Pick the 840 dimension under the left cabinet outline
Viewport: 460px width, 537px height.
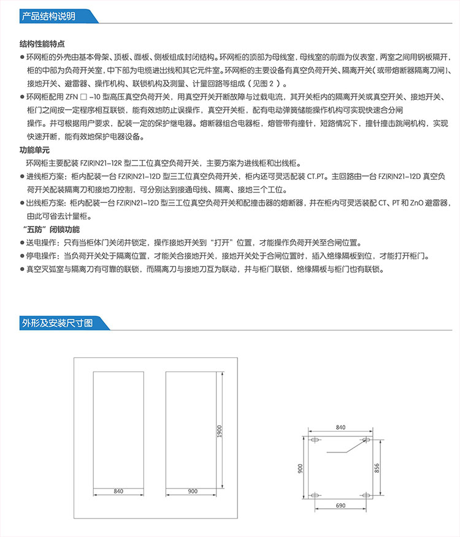(118, 491)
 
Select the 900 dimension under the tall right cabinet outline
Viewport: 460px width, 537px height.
(192, 491)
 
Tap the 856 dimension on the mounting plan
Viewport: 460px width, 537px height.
(377, 467)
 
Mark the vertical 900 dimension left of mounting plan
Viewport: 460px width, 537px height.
(301, 468)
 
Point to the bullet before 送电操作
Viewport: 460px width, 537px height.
(22, 242)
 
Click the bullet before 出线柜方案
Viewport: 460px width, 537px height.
(22, 203)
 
